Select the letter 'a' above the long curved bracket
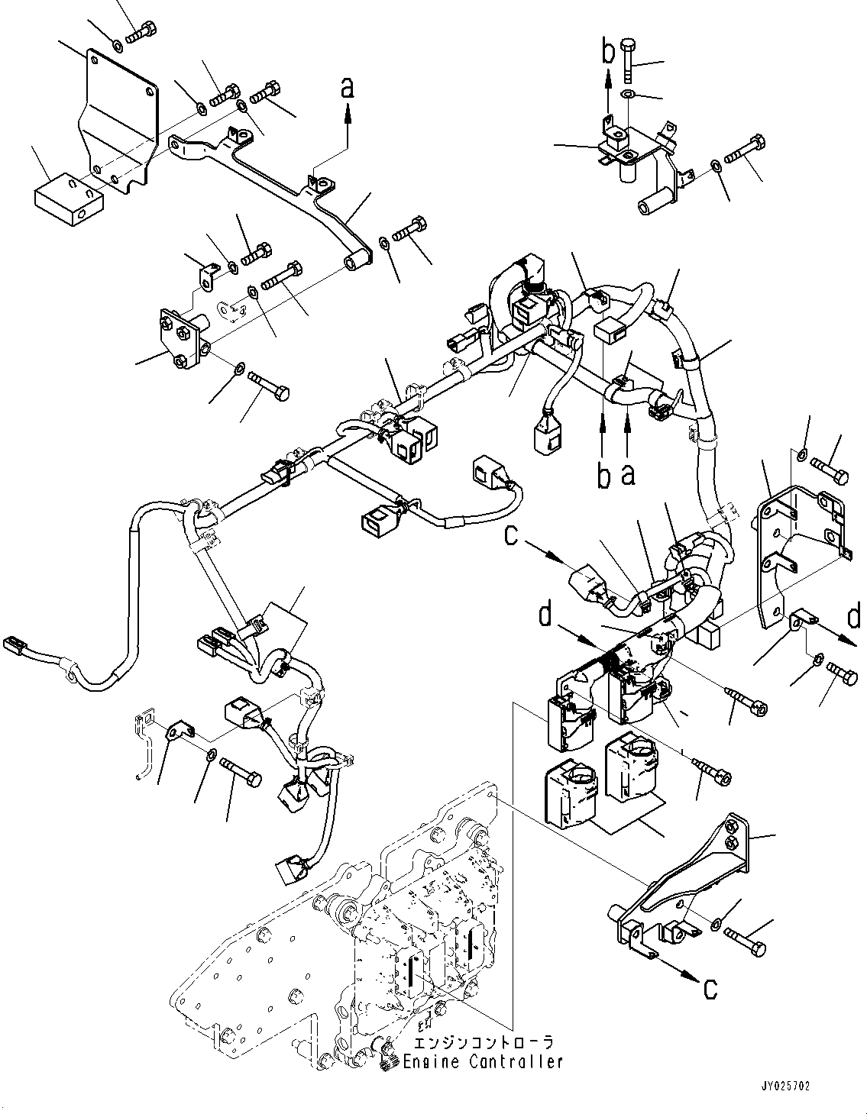coord(348,89)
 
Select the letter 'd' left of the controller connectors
coord(545,615)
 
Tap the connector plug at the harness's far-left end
coord(16,643)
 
